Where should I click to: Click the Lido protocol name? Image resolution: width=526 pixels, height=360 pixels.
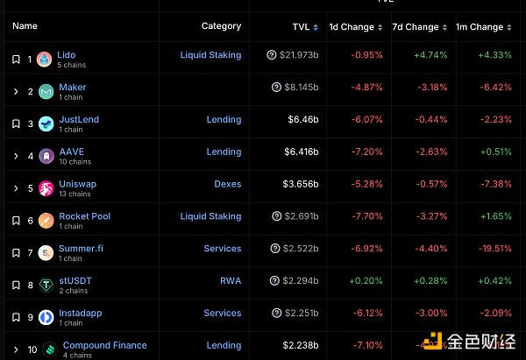coord(67,55)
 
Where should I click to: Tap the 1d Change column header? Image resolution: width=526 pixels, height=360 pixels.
coord(352,26)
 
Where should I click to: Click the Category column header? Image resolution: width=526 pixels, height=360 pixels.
coord(221,26)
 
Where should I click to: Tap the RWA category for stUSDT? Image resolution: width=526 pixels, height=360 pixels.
coord(231,281)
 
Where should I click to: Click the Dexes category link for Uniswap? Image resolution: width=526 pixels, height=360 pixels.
coord(227,184)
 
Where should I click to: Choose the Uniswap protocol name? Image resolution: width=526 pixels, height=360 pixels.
coord(77,184)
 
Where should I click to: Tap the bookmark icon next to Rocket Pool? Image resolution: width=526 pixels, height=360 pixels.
coord(16,221)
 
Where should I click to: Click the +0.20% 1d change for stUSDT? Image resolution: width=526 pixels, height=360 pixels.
coord(366,281)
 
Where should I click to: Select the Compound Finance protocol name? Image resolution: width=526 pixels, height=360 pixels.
coord(104,345)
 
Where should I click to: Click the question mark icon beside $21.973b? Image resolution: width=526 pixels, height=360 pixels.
coord(272,55)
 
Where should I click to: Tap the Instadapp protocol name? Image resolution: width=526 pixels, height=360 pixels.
coord(82,313)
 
